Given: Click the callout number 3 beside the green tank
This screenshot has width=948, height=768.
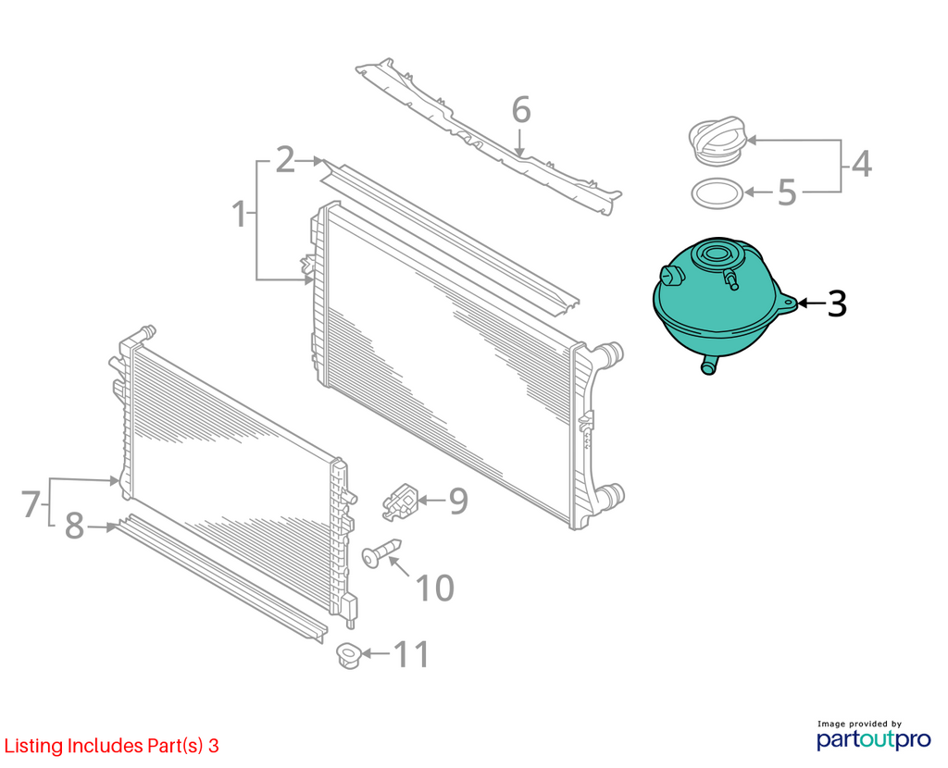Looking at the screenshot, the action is (837, 303).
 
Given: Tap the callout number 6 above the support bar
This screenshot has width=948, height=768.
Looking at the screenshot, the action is (521, 110).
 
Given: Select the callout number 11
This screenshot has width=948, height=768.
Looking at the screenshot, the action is (412, 654).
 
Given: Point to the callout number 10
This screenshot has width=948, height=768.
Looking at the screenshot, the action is (435, 588).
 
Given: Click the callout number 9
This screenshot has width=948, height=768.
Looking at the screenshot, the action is (458, 501).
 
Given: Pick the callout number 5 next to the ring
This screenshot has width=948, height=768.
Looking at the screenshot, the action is (787, 192).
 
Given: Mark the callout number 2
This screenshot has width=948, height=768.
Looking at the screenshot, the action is (285, 160).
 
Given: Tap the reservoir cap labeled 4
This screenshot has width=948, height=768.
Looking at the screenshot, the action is (717, 141).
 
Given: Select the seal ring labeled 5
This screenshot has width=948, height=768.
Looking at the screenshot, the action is (717, 193).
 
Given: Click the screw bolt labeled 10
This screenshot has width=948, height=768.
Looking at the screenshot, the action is (380, 551).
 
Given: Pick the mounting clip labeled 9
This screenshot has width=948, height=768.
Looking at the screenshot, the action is (400, 501).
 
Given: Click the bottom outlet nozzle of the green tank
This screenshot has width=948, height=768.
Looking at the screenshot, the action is (708, 365).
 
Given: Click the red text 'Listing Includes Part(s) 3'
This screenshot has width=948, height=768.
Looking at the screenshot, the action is (112, 746).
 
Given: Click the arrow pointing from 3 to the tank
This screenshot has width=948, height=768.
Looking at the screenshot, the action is (810, 303).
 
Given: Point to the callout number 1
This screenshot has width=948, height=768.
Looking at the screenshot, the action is (241, 215).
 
